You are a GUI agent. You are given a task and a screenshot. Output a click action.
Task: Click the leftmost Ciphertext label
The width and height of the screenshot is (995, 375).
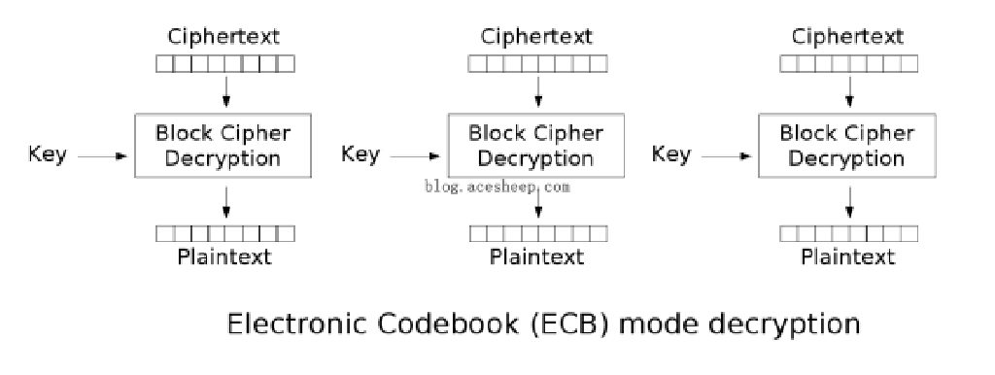224,38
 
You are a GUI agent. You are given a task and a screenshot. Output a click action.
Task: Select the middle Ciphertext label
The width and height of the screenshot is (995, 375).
537,38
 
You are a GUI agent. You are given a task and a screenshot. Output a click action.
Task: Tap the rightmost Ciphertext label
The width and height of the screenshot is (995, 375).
849,38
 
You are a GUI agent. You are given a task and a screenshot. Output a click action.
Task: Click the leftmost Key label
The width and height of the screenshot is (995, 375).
48,154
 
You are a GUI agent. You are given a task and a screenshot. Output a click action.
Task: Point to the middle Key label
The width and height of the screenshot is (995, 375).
360,154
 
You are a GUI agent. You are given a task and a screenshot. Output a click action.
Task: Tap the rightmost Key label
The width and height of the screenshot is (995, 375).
670,154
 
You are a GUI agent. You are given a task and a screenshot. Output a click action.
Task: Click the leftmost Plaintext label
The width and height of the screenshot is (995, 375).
224,256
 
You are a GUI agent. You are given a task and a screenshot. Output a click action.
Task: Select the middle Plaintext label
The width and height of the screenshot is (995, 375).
537,256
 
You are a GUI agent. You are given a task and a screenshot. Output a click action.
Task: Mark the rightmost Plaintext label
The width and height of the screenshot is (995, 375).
848,256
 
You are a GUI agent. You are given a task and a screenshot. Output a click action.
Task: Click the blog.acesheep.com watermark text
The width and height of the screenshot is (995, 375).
497,187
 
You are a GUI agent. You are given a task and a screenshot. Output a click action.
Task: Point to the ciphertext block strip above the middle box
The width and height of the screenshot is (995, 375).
537,64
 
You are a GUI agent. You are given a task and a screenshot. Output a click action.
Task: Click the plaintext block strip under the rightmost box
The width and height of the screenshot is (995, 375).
848,233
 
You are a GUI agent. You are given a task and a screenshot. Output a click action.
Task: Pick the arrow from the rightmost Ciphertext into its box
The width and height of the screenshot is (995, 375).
850,91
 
